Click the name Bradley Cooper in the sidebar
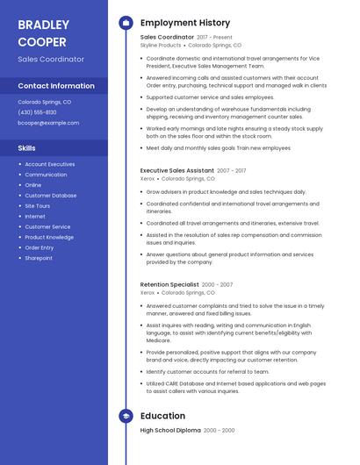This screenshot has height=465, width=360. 44,32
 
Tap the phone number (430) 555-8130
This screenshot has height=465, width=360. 37,112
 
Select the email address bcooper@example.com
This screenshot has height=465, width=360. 48,123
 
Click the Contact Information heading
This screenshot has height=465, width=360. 56,86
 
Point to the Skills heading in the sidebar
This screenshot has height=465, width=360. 27,148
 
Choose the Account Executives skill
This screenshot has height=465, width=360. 50,164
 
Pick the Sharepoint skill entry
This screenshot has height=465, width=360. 39,258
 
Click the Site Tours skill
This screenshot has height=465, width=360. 38,206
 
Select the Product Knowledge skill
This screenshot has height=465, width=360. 49,237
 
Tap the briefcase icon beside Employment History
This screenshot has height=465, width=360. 126,23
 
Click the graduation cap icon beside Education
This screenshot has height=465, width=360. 126,416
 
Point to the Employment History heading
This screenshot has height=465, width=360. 185,23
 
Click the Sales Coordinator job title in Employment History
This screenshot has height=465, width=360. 167,38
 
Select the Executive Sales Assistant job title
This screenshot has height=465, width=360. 176,170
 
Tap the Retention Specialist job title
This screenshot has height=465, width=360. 169,284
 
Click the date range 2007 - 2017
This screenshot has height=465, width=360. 232,170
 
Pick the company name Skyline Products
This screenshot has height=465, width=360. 161,45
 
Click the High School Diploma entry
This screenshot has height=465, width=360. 170,431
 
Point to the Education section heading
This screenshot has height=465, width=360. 162,416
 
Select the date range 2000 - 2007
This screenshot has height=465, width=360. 218,284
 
